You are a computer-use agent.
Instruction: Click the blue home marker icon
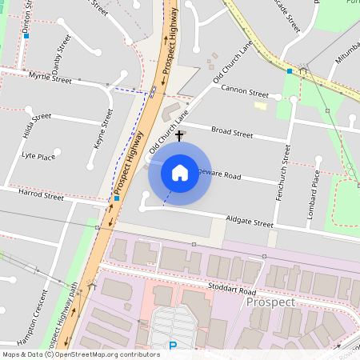tap(180, 173)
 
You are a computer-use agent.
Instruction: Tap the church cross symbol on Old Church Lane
tap(180, 137)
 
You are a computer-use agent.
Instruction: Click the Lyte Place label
tap(38, 156)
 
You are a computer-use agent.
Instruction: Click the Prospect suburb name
tap(270, 302)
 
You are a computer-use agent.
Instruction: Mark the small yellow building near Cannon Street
tap(260, 105)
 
